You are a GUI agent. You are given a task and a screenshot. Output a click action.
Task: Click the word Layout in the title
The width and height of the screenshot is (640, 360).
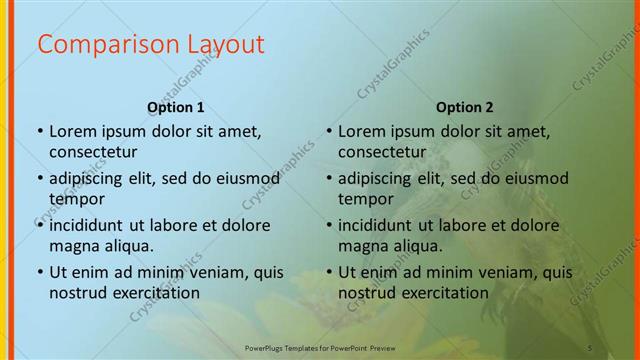(221, 44)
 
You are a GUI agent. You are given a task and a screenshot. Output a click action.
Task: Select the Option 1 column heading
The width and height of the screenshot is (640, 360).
(176, 107)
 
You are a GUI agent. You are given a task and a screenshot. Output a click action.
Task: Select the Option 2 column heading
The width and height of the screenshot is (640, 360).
(465, 107)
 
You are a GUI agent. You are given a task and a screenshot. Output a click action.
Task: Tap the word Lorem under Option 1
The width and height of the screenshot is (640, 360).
(73, 131)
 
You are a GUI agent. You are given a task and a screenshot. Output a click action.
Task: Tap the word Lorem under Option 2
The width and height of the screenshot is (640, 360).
(362, 131)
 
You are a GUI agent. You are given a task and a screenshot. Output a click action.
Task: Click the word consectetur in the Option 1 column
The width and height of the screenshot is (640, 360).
(93, 152)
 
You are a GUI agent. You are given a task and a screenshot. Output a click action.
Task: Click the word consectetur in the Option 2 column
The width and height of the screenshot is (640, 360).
(382, 152)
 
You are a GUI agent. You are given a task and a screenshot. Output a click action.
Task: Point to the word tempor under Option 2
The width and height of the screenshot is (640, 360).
(367, 199)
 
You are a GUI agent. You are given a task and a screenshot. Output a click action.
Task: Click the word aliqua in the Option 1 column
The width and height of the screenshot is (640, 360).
(128, 246)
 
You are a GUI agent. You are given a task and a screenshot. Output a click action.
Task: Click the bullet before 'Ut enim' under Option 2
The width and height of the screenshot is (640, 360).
(328, 272)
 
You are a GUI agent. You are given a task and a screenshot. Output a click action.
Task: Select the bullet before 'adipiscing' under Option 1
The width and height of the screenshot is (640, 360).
(39, 179)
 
